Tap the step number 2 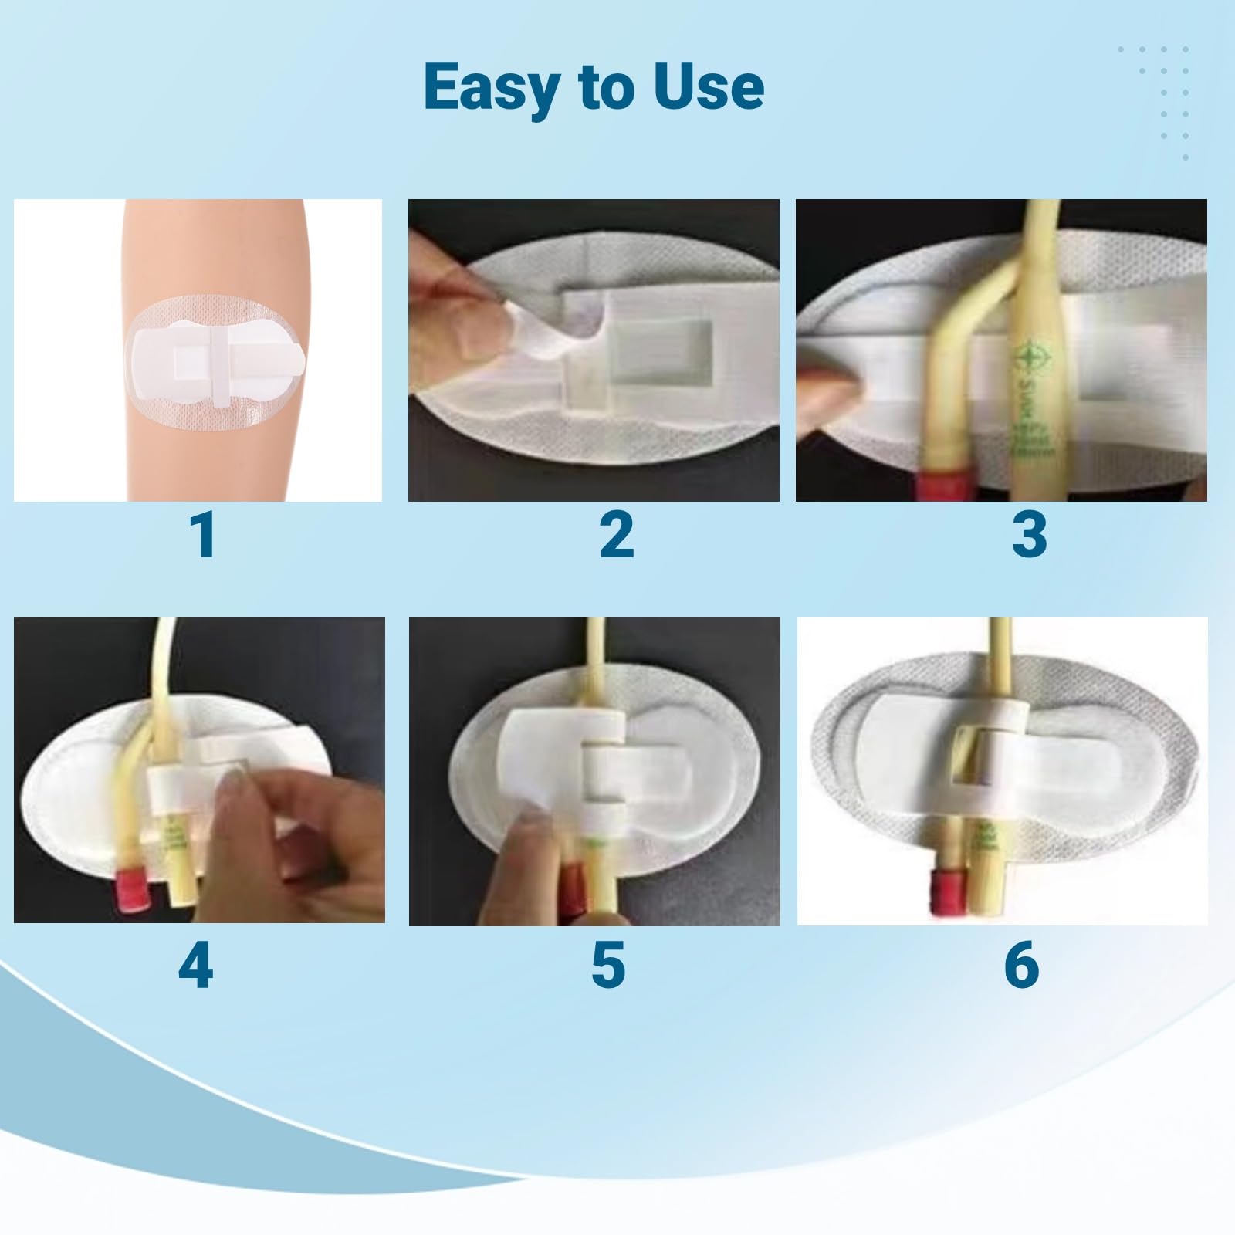pyautogui.click(x=617, y=535)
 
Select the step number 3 pyautogui.click(x=1029, y=535)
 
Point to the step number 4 pyautogui.click(x=195, y=966)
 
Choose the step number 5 pyautogui.click(x=608, y=966)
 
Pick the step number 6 pyautogui.click(x=1021, y=966)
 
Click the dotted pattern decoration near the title pyautogui.click(x=1154, y=100)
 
